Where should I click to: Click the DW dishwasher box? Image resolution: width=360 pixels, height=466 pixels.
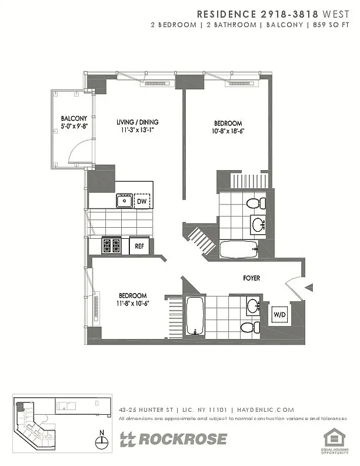[142, 202]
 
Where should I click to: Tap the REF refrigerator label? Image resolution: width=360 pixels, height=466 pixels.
[139, 246]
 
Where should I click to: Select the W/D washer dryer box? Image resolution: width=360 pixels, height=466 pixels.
[280, 316]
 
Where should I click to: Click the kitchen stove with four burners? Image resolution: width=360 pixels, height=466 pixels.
[111, 245]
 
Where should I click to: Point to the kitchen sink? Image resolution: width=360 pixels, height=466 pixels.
[123, 202]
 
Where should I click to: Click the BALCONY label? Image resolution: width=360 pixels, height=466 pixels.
[73, 118]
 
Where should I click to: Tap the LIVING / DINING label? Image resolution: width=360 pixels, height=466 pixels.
[137, 122]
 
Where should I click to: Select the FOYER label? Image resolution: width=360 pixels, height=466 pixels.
[252, 278]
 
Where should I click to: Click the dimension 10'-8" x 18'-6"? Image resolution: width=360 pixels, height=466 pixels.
[228, 131]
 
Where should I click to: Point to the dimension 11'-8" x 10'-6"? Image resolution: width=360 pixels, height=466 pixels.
[133, 303]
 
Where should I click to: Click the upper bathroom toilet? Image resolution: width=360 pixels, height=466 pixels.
[255, 204]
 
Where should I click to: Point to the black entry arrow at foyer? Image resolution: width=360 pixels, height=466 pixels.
[309, 287]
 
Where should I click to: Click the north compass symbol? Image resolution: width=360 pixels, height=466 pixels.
[103, 442]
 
